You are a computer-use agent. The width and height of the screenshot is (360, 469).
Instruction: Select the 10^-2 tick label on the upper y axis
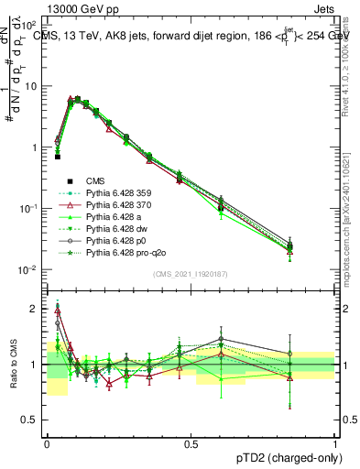(31, 269)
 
